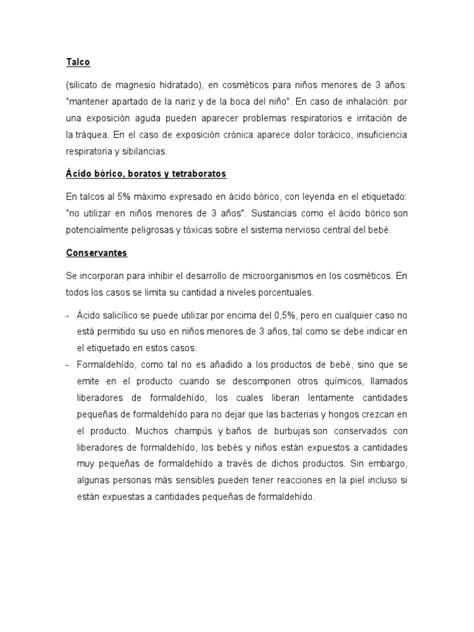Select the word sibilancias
[146, 150]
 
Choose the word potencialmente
[100, 230]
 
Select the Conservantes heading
[96, 254]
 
